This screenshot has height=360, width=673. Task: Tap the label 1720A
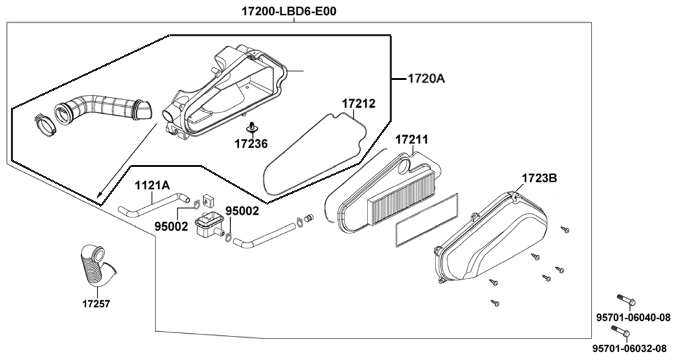click(x=426, y=79)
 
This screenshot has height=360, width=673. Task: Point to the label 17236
click(x=250, y=143)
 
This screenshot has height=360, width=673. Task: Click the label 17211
click(x=411, y=140)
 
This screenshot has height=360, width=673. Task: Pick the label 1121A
click(x=152, y=185)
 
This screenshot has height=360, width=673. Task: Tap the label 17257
click(x=96, y=304)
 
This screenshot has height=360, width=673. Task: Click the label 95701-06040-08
click(x=633, y=318)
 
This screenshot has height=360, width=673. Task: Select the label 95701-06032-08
click(x=629, y=349)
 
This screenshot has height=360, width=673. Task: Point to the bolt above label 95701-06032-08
click(x=620, y=330)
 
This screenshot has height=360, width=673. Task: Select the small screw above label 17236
click(x=251, y=127)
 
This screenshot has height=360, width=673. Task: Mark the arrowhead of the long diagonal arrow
click(x=98, y=199)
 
